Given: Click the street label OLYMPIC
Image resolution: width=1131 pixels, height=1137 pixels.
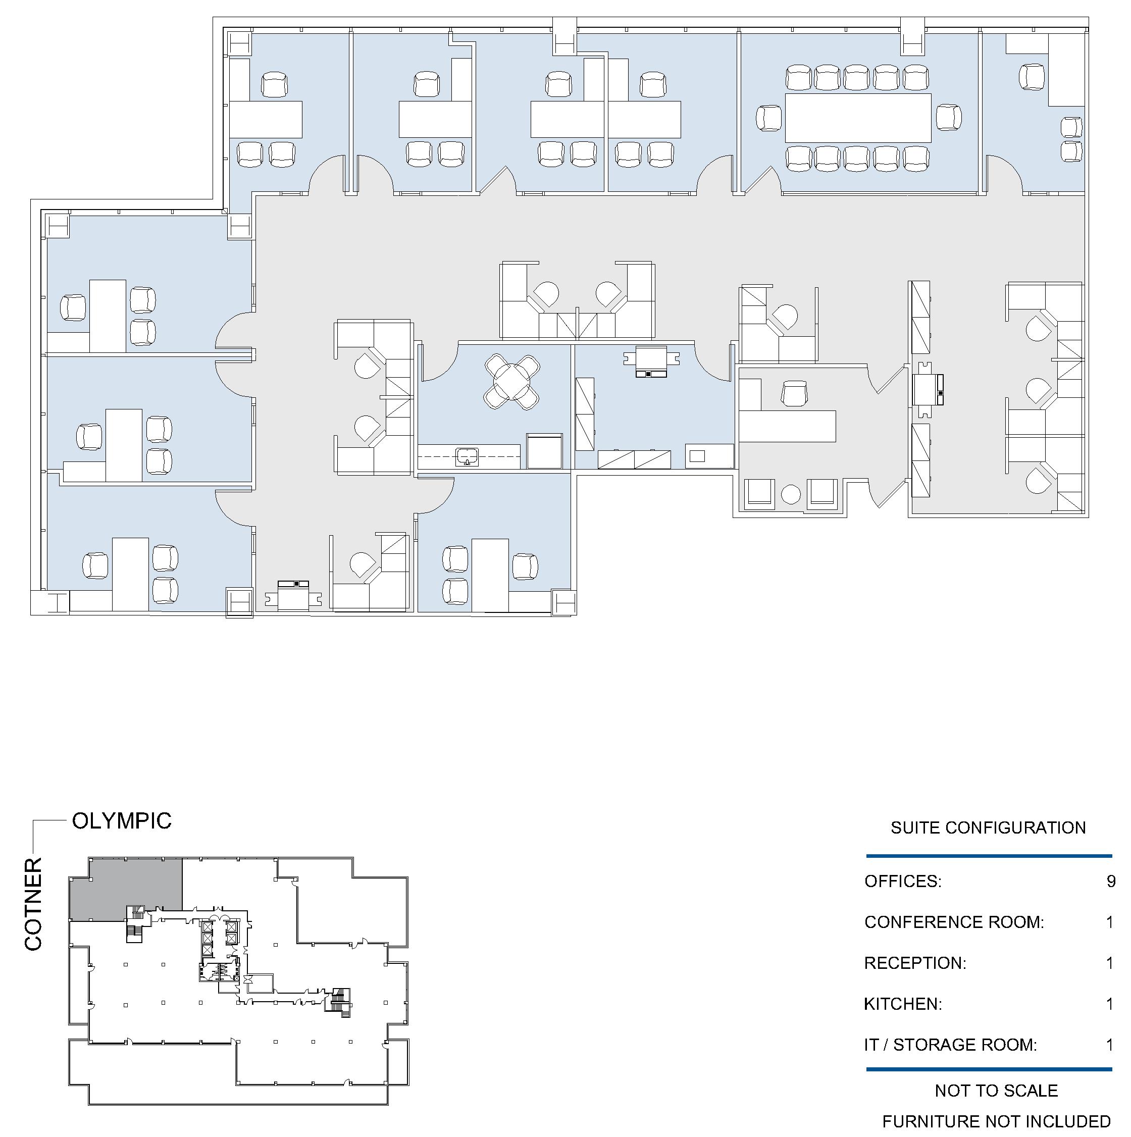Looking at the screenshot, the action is [x=122, y=821].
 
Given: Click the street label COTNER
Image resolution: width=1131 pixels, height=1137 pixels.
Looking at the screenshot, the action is [x=33, y=904].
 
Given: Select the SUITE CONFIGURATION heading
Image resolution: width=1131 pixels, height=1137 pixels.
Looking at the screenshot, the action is [x=988, y=828].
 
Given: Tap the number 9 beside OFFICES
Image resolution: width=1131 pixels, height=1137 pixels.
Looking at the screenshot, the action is [x=1110, y=881].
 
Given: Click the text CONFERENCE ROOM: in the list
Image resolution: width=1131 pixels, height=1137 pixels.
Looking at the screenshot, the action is [x=954, y=922].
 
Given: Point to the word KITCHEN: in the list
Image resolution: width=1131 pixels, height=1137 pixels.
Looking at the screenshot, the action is [x=903, y=1004].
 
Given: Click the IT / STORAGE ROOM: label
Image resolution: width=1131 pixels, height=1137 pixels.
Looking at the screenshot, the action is [x=950, y=1045].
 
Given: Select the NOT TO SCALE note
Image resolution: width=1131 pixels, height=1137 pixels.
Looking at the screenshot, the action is [x=996, y=1091].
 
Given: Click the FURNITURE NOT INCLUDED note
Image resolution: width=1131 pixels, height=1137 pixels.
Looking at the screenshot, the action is [x=996, y=1122].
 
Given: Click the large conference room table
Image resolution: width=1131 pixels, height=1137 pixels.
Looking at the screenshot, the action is [x=858, y=118].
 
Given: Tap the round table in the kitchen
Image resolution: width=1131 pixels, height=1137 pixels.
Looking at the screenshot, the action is [x=511, y=381].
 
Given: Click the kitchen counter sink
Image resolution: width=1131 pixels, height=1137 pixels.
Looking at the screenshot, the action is [x=467, y=456].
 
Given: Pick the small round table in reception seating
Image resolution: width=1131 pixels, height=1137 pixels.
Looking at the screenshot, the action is [x=791, y=494].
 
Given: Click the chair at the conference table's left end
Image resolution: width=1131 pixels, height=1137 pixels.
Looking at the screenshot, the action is [x=769, y=118].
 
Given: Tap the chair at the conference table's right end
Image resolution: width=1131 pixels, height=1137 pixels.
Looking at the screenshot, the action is [x=948, y=117].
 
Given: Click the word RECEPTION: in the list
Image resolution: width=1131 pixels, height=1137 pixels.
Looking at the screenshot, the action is [x=915, y=963].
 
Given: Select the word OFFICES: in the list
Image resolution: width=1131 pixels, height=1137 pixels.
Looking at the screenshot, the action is [x=903, y=881].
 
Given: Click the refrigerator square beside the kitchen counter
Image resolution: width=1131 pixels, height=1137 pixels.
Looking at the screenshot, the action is [x=544, y=451].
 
